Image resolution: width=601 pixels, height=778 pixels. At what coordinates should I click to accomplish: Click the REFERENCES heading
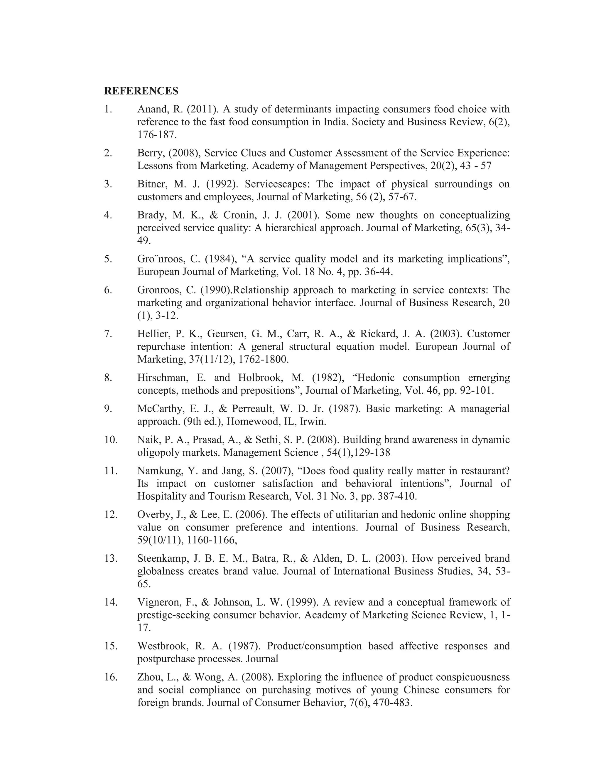pos(141,91)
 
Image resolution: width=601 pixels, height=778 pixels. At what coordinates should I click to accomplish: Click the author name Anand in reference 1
pos(150,109)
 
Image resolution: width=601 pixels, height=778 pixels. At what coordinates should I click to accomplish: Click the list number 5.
pos(108,259)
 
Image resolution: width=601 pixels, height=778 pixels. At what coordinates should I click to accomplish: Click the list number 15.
pos(110,646)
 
